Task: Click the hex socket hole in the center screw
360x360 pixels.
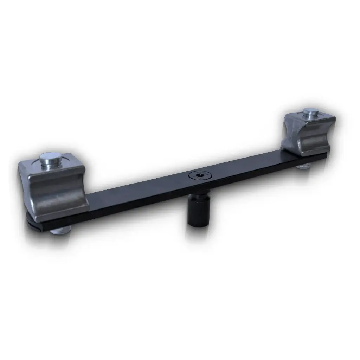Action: [x=199, y=175]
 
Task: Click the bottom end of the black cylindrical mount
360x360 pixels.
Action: [x=199, y=224]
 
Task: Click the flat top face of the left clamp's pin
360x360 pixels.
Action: [x=51, y=156]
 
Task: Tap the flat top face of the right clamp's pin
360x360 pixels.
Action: [x=311, y=111]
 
